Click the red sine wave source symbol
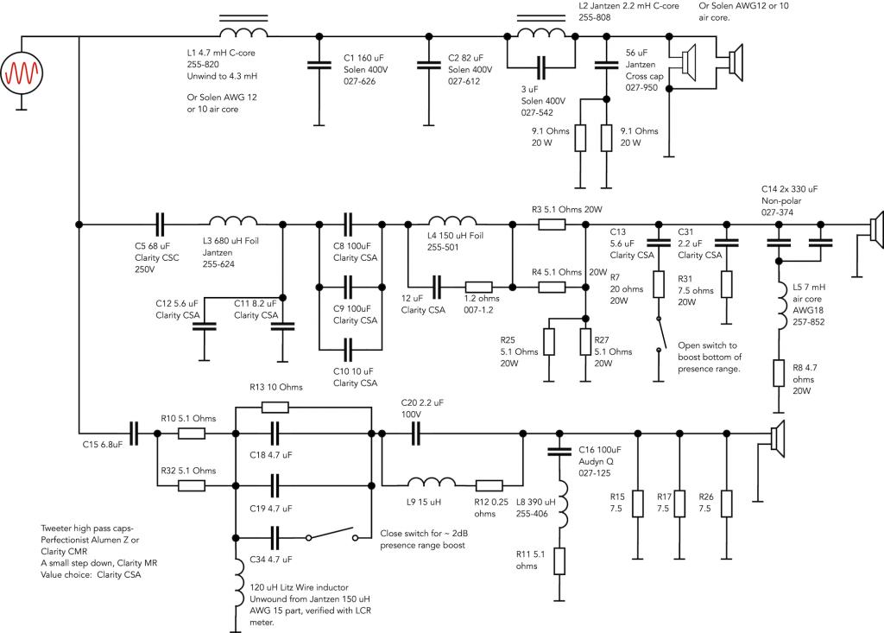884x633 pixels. coord(22,73)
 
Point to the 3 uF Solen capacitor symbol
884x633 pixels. coord(541,67)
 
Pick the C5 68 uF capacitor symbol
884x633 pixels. coord(160,225)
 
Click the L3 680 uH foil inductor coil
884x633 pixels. coord(233,220)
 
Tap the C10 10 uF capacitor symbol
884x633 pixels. coord(349,350)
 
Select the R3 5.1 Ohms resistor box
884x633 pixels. coord(552,225)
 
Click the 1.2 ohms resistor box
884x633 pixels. coord(478,288)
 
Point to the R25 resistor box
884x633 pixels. coord(548,342)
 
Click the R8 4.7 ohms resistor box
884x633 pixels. coord(779,373)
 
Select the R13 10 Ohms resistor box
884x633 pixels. coord(275,408)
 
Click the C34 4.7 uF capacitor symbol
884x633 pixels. coord(275,538)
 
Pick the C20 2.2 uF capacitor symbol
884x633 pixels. coord(415,434)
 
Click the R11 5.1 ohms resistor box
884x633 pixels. coord(559,561)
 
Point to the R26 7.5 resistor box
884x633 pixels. coord(727,503)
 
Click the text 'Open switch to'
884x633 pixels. coord(707,345)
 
